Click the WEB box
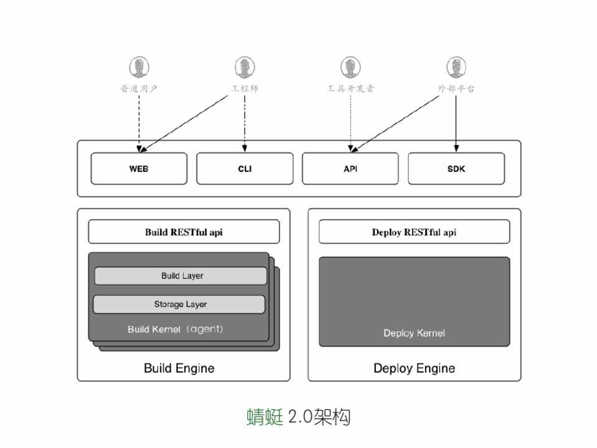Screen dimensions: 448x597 pyautogui.click(x=139, y=169)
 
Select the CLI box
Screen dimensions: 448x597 pyautogui.click(x=245, y=169)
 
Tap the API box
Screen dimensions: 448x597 pyautogui.click(x=350, y=169)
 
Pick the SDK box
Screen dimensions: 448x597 pyautogui.click(x=456, y=169)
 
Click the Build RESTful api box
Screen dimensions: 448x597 pyautogui.click(x=184, y=232)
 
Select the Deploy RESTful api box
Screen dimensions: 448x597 pyautogui.click(x=414, y=232)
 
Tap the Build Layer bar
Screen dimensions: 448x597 pyautogui.click(x=181, y=276)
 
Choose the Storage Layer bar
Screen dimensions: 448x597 pyautogui.click(x=180, y=304)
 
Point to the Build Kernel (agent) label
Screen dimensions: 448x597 pyautogui.click(x=175, y=329)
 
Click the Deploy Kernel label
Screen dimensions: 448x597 pyautogui.click(x=414, y=333)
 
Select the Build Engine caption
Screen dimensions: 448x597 pyautogui.click(x=179, y=368)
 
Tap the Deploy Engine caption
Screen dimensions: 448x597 pyautogui.click(x=414, y=368)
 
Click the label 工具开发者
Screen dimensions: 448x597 pyautogui.click(x=350, y=89)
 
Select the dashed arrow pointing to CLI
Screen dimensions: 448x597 pyautogui.click(x=245, y=124)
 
